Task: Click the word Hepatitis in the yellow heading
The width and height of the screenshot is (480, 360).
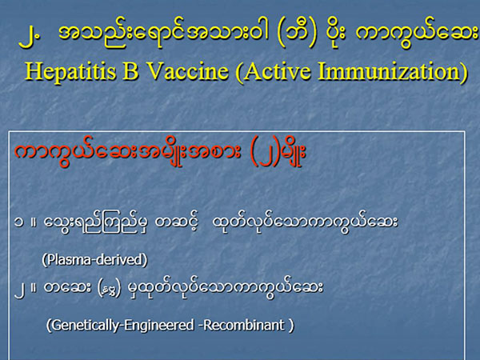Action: pos(71,71)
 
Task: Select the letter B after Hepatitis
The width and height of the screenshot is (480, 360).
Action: pos(130,71)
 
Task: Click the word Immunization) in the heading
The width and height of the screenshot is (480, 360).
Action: pos(393,72)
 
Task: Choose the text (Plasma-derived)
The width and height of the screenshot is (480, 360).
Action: pos(94,259)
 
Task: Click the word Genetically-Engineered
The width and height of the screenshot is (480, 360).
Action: pos(121,325)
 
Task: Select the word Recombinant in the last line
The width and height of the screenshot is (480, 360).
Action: pos(244,325)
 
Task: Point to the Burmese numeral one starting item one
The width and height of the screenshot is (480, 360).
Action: pos(18,222)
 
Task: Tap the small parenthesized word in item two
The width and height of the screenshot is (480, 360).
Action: pos(109,288)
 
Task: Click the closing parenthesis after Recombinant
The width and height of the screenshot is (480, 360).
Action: pos(291,325)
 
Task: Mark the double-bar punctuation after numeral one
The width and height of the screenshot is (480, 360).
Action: pos(34,222)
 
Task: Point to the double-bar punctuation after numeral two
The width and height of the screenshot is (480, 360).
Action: pos(34,287)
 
